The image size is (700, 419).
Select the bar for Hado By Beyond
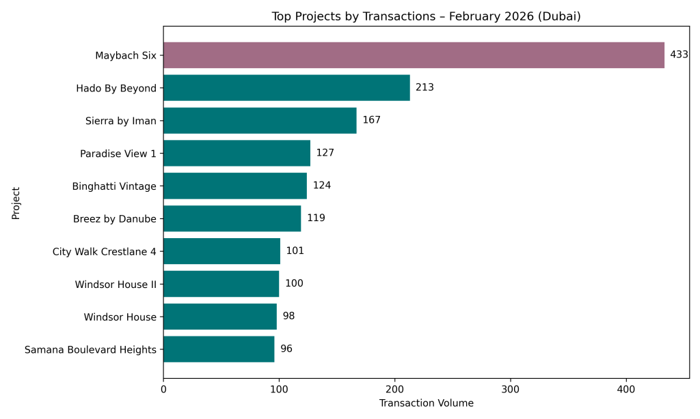(286, 88)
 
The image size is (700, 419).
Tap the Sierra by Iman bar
(260, 121)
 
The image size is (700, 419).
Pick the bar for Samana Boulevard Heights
(219, 349)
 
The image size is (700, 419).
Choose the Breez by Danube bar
(232, 218)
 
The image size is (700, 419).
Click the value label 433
(679, 55)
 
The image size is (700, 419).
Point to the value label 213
(425, 88)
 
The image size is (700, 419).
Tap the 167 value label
(371, 121)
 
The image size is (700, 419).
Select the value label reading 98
(288, 317)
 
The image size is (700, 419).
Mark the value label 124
(322, 186)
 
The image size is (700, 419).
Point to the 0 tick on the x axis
(163, 389)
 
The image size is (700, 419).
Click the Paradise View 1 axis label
(118, 154)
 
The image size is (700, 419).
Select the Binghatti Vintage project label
(114, 186)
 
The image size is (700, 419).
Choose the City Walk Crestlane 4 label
(104, 251)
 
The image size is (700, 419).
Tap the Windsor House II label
(116, 284)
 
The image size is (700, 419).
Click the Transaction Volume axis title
(426, 403)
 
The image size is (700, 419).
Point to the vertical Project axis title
(16, 203)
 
